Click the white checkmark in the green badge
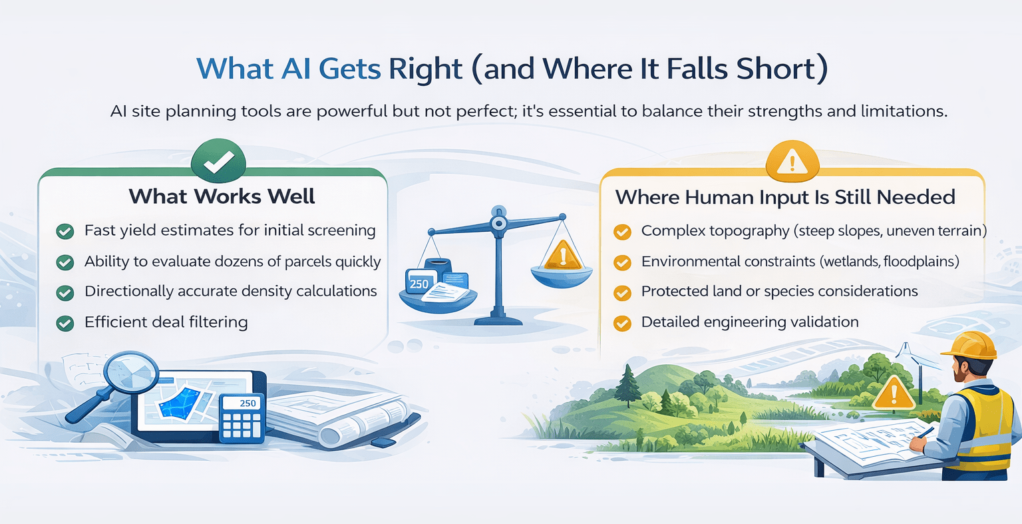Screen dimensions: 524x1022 (x=218, y=160)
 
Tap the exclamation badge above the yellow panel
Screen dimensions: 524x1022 (x=792, y=161)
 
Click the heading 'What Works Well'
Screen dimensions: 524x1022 (x=222, y=196)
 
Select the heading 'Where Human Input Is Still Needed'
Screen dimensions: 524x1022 (x=785, y=197)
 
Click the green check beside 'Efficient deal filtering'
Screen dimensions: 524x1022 (x=65, y=323)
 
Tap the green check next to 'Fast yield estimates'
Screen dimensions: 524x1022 (x=65, y=231)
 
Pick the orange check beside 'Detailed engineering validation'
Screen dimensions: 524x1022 (x=622, y=323)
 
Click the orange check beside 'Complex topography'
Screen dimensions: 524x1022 (x=622, y=231)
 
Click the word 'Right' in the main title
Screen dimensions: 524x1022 (x=426, y=69)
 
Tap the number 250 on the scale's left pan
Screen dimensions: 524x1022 (x=419, y=284)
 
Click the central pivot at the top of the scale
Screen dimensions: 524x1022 (x=497, y=221)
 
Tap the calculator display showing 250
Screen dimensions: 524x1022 (x=243, y=403)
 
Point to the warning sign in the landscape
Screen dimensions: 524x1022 (x=894, y=392)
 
